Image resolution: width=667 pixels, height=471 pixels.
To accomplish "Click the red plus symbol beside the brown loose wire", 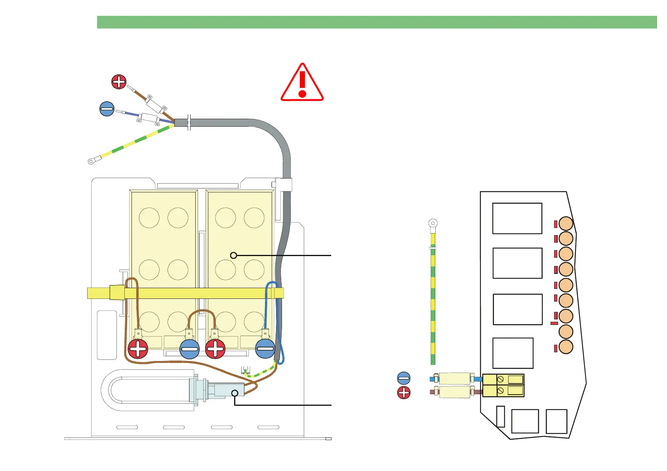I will (x=119, y=82).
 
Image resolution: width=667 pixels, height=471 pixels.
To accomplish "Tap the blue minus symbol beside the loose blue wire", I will (x=107, y=109).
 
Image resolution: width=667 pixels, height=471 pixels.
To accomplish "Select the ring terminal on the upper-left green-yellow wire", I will (x=91, y=161).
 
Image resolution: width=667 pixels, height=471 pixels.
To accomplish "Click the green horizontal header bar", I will (x=377, y=22).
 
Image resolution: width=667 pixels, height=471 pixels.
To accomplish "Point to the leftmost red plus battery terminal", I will (x=138, y=349).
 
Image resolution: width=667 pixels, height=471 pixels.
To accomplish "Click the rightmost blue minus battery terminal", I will (x=265, y=349).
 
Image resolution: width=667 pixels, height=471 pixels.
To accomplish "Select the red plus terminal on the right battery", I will (x=215, y=349).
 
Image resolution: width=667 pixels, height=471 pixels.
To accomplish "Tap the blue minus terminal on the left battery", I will (x=189, y=349).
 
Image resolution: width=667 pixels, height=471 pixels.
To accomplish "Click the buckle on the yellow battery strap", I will (x=117, y=292).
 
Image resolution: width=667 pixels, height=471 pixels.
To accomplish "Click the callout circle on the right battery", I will (x=234, y=255).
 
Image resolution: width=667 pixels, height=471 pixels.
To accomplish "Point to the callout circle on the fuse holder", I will (x=235, y=393).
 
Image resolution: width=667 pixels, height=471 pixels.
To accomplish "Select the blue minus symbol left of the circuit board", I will (x=404, y=378).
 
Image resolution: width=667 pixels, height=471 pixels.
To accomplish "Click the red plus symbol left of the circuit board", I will (x=404, y=393).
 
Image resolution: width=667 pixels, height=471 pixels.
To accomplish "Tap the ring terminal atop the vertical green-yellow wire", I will (x=433, y=224).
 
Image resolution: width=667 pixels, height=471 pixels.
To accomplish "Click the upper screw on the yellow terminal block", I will (x=500, y=379).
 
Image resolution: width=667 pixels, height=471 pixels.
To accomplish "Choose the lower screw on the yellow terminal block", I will (x=500, y=391).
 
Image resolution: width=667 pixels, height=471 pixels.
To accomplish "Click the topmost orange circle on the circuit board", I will (x=566, y=224).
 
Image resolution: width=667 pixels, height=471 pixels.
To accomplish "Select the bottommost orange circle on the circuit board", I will (x=566, y=347).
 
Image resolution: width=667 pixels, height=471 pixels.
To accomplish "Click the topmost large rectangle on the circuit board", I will (x=517, y=218).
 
